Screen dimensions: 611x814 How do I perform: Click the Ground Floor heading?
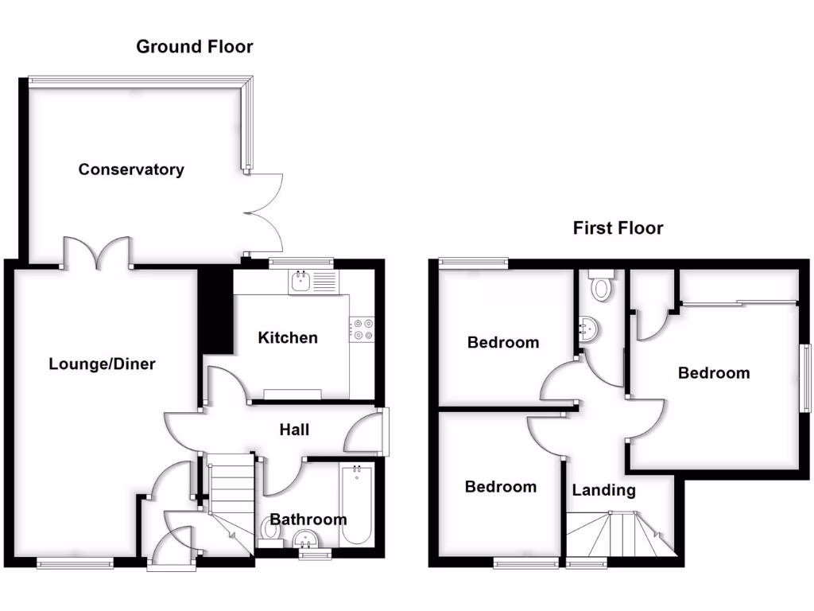pyautogui.click(x=195, y=46)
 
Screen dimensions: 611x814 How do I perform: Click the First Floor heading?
pyautogui.click(x=618, y=228)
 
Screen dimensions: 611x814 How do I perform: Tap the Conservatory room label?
pyautogui.click(x=131, y=169)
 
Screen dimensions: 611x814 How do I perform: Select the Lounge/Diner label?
pyautogui.click(x=103, y=364)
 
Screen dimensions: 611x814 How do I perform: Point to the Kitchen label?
pyautogui.click(x=288, y=337)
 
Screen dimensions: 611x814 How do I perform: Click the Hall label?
pyautogui.click(x=294, y=430)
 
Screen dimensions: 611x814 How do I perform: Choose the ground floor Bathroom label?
pyautogui.click(x=308, y=520)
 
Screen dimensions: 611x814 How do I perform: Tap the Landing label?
pyautogui.click(x=604, y=490)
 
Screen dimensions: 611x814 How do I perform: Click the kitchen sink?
pyautogui.click(x=301, y=281)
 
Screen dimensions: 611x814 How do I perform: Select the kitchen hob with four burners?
pyautogui.click(x=362, y=329)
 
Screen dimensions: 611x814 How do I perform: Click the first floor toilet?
pyautogui.click(x=601, y=286)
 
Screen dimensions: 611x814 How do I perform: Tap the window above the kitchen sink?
pyautogui.click(x=300, y=261)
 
